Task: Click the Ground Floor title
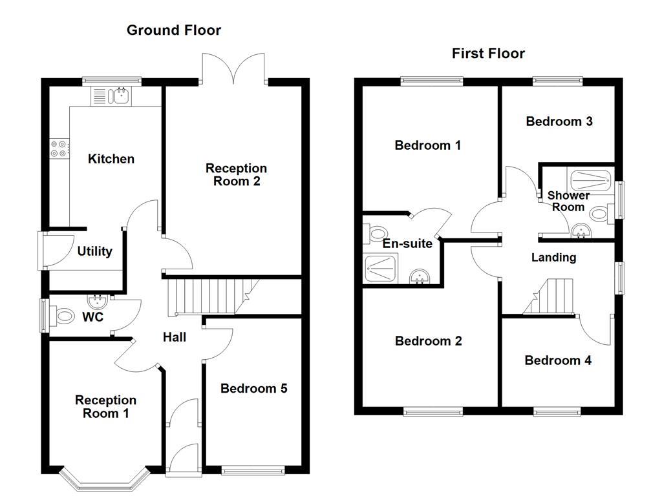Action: click(x=173, y=30)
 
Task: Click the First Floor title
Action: click(x=488, y=54)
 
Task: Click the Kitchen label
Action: click(x=111, y=159)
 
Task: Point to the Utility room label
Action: click(x=94, y=252)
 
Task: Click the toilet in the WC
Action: click(x=63, y=316)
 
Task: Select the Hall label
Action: click(x=175, y=337)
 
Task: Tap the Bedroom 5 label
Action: click(x=253, y=388)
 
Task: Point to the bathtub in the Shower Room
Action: click(x=590, y=179)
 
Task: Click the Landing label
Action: click(x=553, y=258)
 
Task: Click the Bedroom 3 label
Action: click(x=559, y=121)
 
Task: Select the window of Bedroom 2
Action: click(x=433, y=411)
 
